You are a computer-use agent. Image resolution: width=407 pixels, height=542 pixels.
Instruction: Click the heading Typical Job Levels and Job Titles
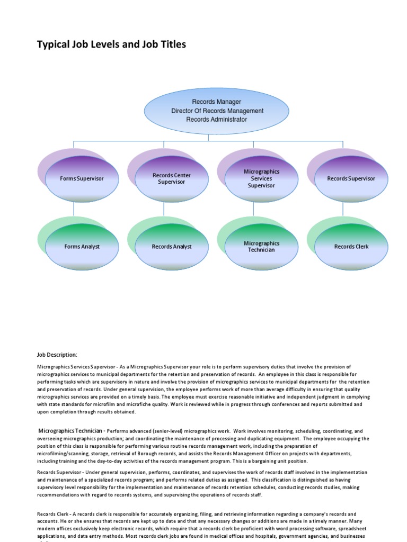111,44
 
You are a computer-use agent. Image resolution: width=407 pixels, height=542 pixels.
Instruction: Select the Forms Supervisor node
82,179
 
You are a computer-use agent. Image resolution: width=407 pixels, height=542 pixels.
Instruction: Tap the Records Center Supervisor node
172,179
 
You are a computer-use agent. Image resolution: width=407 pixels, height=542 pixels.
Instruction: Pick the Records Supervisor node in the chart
351,179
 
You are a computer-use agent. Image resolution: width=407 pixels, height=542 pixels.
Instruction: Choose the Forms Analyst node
82,247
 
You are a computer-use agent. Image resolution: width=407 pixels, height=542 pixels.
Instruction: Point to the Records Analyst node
172,247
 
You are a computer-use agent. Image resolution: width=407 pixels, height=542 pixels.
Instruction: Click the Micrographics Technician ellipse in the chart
261,247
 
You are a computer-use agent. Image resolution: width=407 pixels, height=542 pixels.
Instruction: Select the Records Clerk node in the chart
351,247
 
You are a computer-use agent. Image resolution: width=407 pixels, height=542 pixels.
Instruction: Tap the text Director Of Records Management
217,111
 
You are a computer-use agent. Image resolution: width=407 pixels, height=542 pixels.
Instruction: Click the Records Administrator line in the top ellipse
217,120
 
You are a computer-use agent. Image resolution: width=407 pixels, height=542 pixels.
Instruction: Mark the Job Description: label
57,355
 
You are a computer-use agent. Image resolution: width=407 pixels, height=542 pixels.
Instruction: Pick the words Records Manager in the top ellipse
217,102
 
